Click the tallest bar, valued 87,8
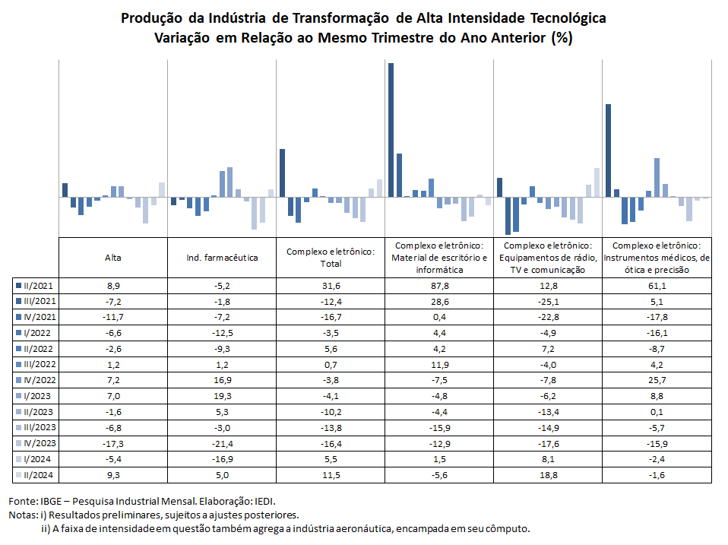coord(391,130)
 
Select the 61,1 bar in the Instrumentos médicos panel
coord(608,151)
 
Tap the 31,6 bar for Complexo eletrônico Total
coord(282,173)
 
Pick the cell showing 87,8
coord(439,286)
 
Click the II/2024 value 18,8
coord(548,475)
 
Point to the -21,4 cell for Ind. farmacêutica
coord(222,444)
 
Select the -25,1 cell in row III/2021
coord(548,302)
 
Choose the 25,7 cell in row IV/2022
coord(657,380)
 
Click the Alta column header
coord(112,258)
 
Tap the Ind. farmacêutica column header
coord(222,258)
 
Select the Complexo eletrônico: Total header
coord(331,258)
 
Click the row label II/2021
coord(38,286)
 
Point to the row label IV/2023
coord(40,443)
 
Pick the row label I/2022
coord(37,333)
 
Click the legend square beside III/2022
coord(18,364)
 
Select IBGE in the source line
coord(51,502)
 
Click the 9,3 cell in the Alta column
coord(112,475)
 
